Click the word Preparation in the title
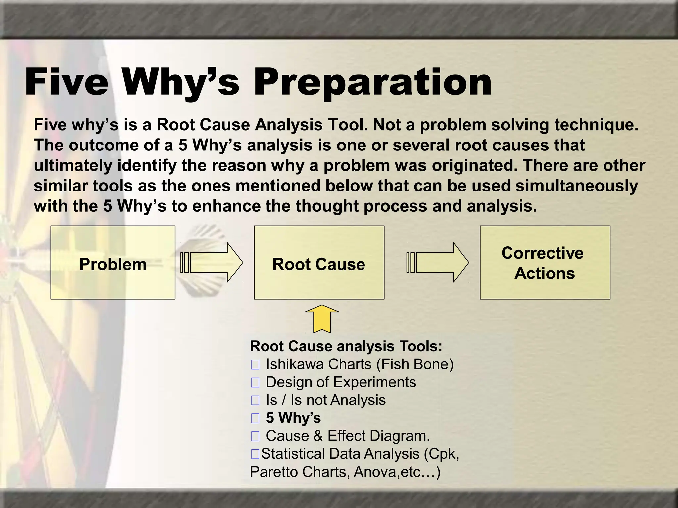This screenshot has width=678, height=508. [x=372, y=83]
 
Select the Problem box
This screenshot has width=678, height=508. [x=113, y=263]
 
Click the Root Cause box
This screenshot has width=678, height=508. [x=319, y=263]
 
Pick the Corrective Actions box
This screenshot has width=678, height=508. [x=545, y=263]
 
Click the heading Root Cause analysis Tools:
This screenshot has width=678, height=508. [x=346, y=346]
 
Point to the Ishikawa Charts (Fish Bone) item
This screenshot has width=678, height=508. [x=360, y=364]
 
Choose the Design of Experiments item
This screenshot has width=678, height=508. [x=341, y=382]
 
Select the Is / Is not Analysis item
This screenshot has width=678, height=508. [x=326, y=400]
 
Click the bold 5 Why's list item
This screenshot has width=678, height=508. [x=293, y=418]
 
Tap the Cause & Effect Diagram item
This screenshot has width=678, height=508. [x=348, y=436]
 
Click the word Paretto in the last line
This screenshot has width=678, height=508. [x=274, y=472]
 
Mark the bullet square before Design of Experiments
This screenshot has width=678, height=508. [x=255, y=383]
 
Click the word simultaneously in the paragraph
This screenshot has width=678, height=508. [x=576, y=186]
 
